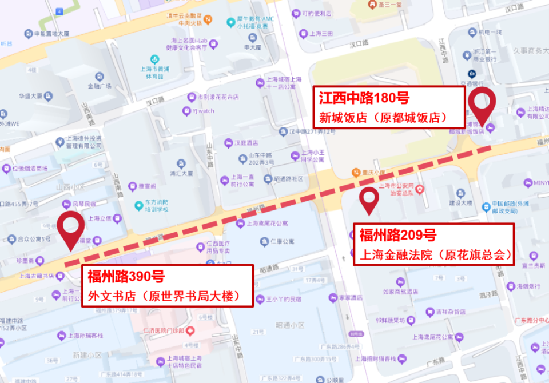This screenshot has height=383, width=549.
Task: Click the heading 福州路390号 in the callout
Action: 126,277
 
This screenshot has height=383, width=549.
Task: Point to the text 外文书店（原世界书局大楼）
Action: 164,296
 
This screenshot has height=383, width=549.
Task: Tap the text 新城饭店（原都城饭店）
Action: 382,118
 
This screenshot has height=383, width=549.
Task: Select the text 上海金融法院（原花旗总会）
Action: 435,254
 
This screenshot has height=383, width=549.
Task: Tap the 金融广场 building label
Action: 98,86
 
